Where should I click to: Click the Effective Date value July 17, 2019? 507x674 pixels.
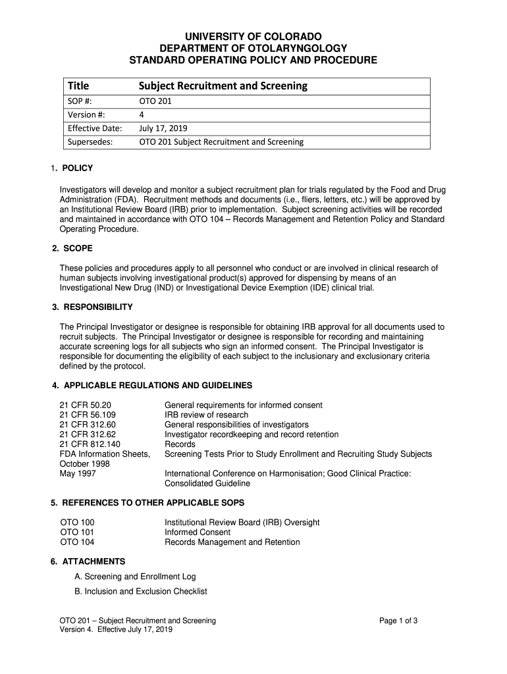point(163,128)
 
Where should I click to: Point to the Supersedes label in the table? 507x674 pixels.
point(90,142)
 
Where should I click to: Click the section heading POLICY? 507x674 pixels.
point(78,168)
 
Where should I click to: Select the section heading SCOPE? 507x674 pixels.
point(77,249)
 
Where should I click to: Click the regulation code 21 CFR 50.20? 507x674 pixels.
point(86,405)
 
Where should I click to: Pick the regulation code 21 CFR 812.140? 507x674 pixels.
point(90,444)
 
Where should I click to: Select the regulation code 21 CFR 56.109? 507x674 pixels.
point(88,415)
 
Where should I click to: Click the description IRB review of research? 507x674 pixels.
point(206,415)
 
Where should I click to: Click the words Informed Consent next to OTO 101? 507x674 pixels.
point(198,532)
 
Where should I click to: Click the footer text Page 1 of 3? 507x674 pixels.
point(399,621)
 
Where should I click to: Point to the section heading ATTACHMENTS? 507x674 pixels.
point(93,561)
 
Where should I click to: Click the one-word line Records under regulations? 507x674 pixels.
point(180,444)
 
